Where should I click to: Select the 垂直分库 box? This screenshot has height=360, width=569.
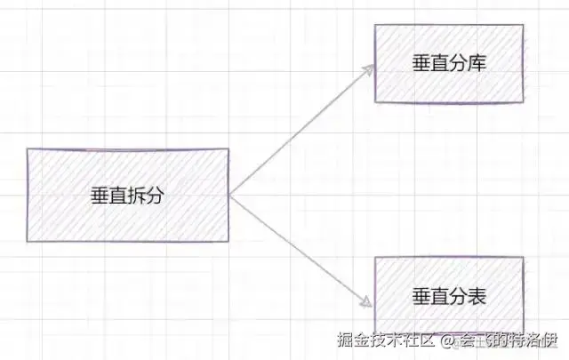pyautogui.click(x=448, y=64)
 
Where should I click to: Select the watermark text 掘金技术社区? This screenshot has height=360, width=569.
pyautogui.click(x=388, y=341)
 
